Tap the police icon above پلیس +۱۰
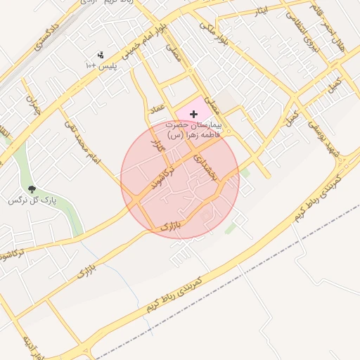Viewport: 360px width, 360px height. click(101, 54)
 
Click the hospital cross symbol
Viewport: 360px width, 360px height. click(193, 114)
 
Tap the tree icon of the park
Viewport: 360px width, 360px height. click(32, 188)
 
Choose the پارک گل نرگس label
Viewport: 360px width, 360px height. click(32, 200)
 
